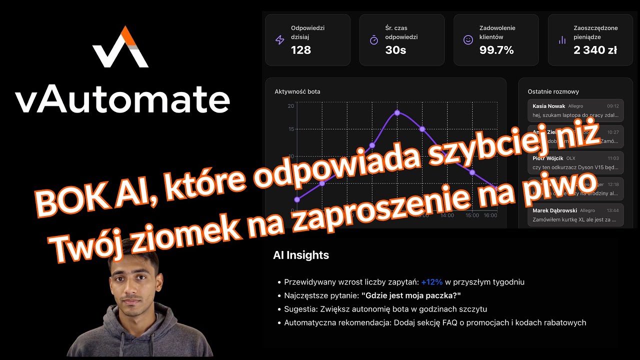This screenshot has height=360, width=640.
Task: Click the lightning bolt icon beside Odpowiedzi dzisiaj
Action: click(280, 40)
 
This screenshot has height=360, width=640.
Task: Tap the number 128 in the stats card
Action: click(301, 50)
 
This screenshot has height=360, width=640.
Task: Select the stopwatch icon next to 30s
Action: click(374, 40)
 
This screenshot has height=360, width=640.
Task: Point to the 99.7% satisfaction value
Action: click(496, 50)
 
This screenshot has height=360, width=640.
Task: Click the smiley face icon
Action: click(468, 40)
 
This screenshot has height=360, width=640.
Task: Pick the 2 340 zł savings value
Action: click(595, 50)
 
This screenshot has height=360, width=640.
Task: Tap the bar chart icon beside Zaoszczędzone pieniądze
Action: click(562, 40)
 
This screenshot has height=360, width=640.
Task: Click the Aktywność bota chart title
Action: click(297, 91)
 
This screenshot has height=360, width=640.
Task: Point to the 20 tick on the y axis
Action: click(291, 105)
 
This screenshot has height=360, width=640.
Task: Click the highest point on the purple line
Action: click(397, 112)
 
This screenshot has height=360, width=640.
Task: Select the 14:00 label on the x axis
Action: click(447, 215)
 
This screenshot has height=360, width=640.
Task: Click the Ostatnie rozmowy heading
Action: click(553, 91)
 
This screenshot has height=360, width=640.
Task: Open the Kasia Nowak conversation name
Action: click(548, 106)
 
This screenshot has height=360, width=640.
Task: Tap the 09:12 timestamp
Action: click(612, 106)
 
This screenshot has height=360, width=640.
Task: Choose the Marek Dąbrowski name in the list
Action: click(554, 210)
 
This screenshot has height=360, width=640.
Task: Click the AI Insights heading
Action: click(301, 255)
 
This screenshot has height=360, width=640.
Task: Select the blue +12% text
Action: click(432, 282)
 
